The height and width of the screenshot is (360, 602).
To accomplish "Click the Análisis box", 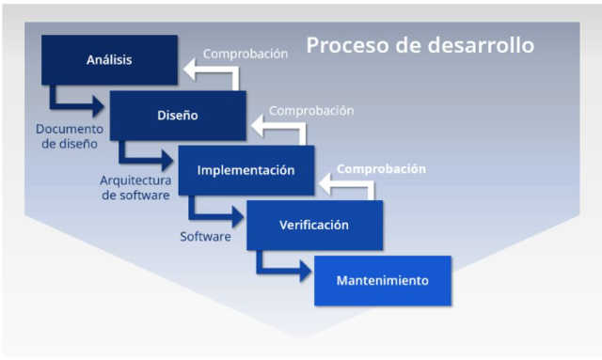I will pyautogui.click(x=109, y=60).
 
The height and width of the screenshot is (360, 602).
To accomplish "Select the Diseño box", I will pyautogui.click(x=177, y=116).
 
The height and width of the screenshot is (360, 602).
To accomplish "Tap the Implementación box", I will pyautogui.click(x=245, y=171).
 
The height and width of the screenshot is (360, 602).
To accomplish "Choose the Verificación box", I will pyautogui.click(x=313, y=226).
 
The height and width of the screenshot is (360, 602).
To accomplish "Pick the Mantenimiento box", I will pyautogui.click(x=382, y=280).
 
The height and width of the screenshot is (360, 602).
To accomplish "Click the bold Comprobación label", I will pyautogui.click(x=381, y=170).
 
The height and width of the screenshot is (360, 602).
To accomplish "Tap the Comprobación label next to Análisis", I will pyautogui.click(x=246, y=54).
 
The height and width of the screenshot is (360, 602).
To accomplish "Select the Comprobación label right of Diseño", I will pyautogui.click(x=311, y=111).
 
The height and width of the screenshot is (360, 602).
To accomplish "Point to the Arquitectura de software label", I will pyautogui.click(x=135, y=188).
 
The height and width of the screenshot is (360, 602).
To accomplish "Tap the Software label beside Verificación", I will pyautogui.click(x=205, y=237).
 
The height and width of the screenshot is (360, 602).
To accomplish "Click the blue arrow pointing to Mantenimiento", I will pyautogui.click(x=281, y=269).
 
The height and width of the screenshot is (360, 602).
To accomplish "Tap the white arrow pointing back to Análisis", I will pyautogui.click(x=211, y=70).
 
